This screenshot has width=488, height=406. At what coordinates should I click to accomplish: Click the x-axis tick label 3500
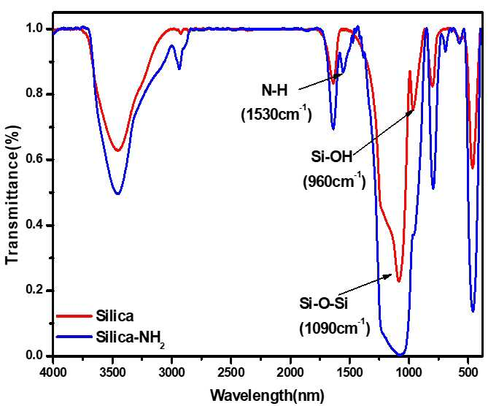112,373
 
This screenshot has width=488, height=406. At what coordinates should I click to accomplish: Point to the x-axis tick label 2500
231,373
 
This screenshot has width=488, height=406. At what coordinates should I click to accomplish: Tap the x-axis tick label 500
468,373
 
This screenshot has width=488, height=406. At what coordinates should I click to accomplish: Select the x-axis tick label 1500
349,373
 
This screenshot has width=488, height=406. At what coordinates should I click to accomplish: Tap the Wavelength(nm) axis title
267,396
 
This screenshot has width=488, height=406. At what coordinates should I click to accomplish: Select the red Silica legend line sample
74,316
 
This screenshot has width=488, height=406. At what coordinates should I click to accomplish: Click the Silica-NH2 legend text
130,338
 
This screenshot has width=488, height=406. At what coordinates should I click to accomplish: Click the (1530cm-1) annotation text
276,115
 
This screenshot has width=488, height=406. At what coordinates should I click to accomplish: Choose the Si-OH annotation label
332,156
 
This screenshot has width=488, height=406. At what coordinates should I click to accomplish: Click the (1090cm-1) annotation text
335,328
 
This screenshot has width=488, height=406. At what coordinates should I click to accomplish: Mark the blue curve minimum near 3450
117,194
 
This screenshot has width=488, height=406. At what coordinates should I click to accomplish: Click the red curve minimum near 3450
117,150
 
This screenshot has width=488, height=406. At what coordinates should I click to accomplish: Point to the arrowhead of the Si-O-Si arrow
392,275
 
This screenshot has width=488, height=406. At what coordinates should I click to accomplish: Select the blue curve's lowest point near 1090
400,355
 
